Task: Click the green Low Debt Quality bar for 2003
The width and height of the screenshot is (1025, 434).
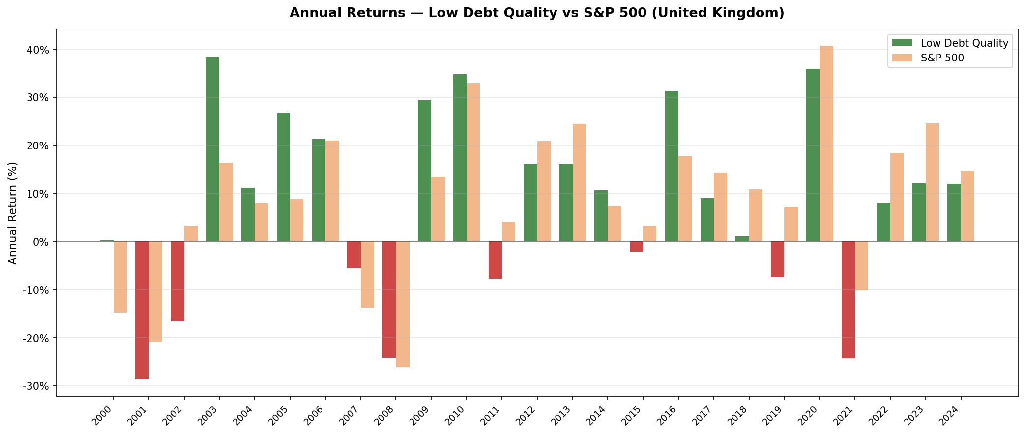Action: tap(212, 149)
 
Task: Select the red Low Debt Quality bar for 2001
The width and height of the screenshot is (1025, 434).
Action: tap(142, 310)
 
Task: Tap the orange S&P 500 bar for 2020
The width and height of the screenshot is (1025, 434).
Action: tap(826, 144)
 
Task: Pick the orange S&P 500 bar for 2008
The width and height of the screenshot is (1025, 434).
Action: tap(403, 304)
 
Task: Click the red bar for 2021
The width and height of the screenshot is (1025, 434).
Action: tap(848, 300)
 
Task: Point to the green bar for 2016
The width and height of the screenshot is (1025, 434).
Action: tap(672, 166)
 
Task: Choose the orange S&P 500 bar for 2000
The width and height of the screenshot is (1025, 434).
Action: tap(120, 277)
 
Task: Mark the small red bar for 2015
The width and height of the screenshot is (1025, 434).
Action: tap(636, 247)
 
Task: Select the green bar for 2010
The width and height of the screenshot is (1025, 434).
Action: tap(460, 158)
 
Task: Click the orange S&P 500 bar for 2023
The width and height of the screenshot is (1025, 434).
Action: tap(932, 182)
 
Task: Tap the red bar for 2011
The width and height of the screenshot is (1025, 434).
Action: tap(495, 260)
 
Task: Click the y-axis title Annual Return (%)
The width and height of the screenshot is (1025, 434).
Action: tap(13, 212)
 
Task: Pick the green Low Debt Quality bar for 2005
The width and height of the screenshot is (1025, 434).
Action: tap(283, 177)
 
